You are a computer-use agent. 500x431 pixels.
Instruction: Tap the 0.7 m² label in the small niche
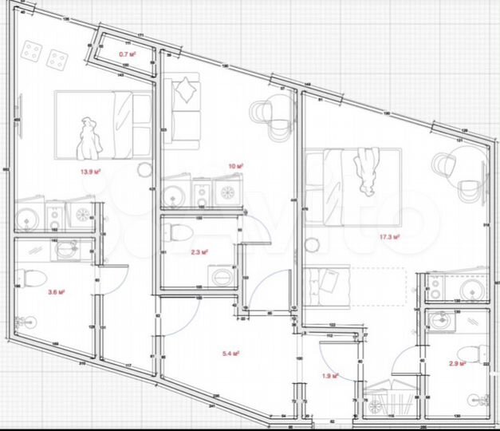(x=127, y=53)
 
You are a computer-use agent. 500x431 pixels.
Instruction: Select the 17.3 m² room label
(x=388, y=236)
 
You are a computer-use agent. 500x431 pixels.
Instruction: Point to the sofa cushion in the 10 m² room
(x=187, y=89)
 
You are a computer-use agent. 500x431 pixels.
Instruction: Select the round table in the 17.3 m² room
(x=446, y=165)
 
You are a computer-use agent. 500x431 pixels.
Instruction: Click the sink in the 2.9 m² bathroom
(x=440, y=320)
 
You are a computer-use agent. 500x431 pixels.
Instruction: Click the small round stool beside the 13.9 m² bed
(x=144, y=169)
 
